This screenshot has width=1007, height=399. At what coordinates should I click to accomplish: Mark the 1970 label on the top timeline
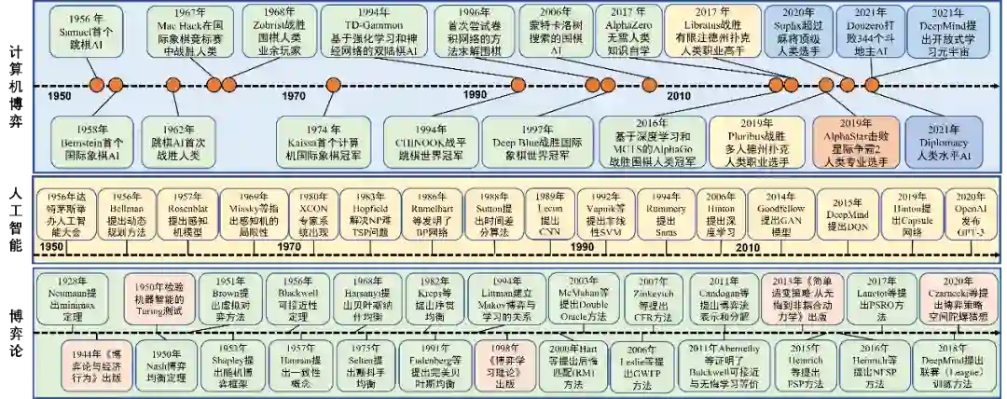tap(293, 98)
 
